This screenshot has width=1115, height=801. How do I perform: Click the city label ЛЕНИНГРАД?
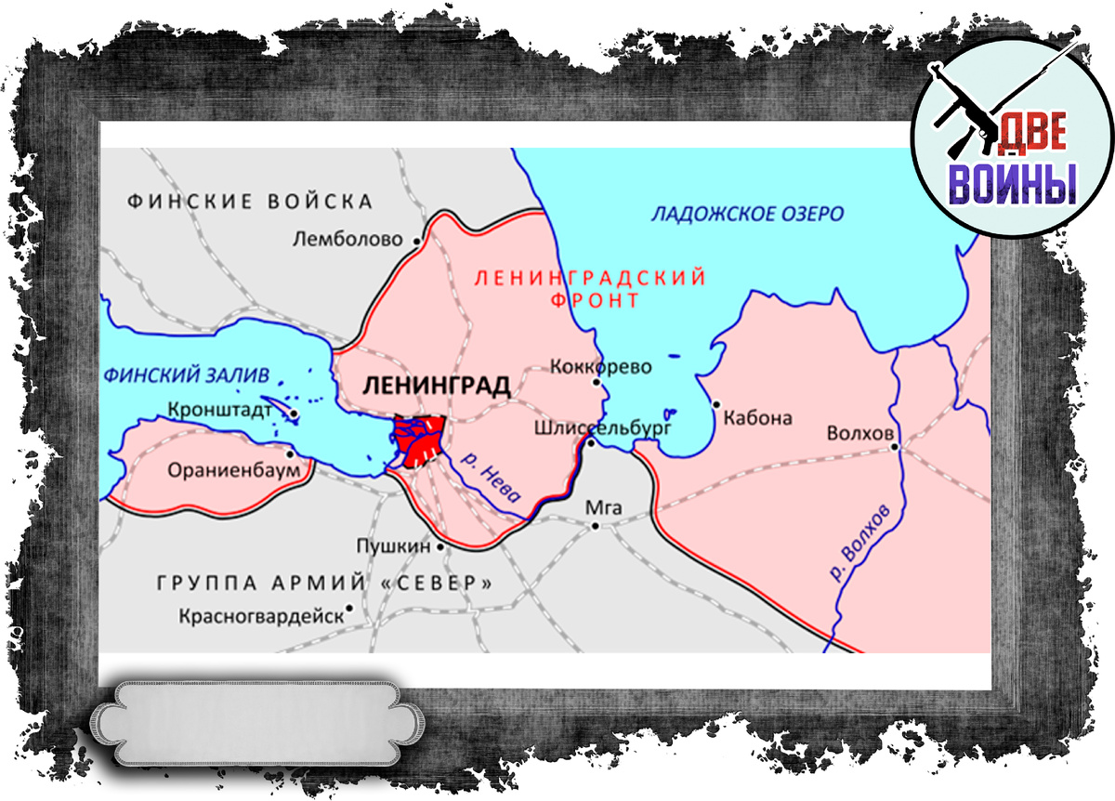point(438,386)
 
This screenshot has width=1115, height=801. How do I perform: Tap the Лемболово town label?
point(348,240)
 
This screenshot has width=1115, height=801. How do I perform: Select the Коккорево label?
point(600,366)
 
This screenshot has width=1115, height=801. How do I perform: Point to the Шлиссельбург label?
point(602,427)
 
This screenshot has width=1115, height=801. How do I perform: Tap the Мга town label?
point(605,507)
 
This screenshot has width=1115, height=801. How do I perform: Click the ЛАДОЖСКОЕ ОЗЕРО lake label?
point(747,215)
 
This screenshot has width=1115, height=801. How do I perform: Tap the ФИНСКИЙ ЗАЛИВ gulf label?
point(187,375)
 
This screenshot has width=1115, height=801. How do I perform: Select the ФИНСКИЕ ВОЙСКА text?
point(250,202)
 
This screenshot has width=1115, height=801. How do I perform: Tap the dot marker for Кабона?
point(716,404)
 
